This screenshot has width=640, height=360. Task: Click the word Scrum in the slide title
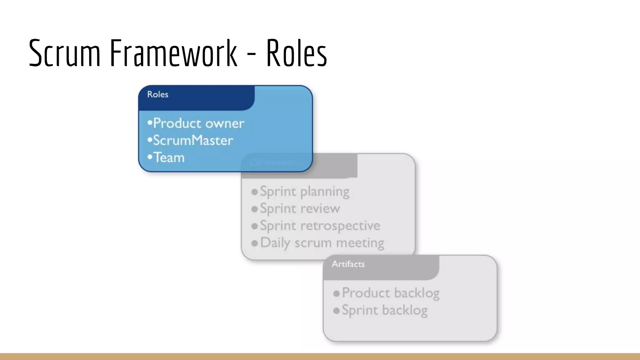pos(64,53)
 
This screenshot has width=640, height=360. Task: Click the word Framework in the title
pos(173,53)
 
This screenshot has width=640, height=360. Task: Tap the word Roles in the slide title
pos(296,53)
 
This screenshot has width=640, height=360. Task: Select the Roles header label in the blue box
pos(158,94)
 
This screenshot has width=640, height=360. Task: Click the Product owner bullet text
pos(198,123)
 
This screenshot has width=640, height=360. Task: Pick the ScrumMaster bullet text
pos(193,141)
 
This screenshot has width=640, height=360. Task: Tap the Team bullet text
pos(169,157)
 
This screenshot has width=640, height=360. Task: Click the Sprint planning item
pos(305,192)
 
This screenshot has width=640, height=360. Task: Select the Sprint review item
pos(300,208)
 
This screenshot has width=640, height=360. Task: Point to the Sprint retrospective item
pos(320,226)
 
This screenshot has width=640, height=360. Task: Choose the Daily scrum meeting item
pos(322,243)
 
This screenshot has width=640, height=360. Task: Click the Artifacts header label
pos(348,264)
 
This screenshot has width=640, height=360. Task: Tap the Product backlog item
pos(391,293)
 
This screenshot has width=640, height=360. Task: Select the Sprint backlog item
pos(385,310)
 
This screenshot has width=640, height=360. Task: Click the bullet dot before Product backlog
pos(337,294)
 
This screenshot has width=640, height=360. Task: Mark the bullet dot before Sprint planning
pos(255,192)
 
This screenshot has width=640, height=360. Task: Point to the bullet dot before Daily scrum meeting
pos(255,243)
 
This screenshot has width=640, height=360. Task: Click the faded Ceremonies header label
pos(273,162)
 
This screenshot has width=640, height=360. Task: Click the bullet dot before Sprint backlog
pos(337,311)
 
